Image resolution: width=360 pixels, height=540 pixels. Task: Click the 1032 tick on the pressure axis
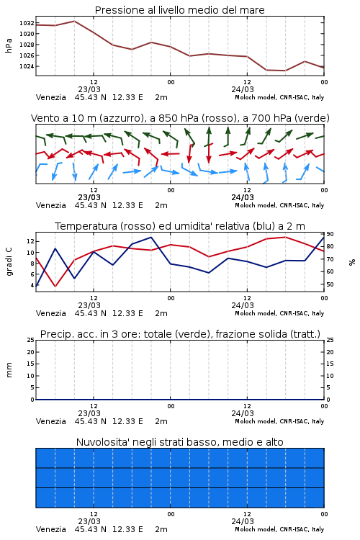coord(27,23)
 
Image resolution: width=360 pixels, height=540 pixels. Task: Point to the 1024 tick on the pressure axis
coord(27,66)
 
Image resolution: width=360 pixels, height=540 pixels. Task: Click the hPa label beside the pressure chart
coord(9,45)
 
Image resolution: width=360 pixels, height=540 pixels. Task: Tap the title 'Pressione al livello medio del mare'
coord(179,10)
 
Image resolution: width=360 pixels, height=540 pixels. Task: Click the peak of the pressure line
coord(74,21)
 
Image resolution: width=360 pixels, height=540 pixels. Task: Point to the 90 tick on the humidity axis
coord(330,234)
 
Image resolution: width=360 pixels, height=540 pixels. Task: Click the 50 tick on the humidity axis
coord(330,284)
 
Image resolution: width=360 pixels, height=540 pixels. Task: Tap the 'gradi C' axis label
coord(9,262)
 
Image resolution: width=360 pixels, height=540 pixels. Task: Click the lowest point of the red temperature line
coord(55,287)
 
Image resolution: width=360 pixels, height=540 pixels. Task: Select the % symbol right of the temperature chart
coord(352,262)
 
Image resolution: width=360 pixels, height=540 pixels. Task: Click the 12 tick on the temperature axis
coord(30,241)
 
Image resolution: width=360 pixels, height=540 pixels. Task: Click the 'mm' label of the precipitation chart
coord(9,370)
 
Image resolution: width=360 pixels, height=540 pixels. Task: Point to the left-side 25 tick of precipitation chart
coord(31,340)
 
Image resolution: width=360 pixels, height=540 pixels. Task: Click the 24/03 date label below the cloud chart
coord(243,521)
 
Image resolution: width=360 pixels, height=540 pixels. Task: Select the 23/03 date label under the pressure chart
coord(89,89)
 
